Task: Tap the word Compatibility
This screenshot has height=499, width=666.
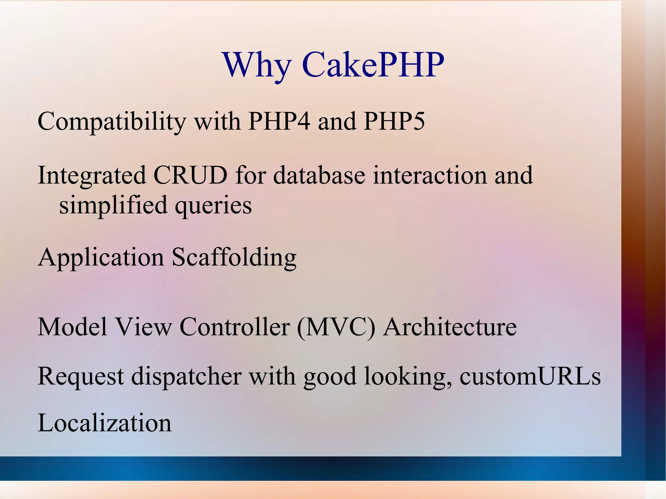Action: pos(112,122)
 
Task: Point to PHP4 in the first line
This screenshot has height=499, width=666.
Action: pos(279,121)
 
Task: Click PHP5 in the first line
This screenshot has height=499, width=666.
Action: pos(394,121)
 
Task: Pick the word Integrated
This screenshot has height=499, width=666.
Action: pos(92,176)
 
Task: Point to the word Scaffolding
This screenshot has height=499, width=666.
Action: pos(234,257)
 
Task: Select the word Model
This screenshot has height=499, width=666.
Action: pos(73,326)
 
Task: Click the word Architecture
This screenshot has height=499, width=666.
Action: pos(450,326)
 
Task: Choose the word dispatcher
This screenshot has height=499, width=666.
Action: pos(186,376)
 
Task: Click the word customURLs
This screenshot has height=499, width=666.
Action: pos(530,376)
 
